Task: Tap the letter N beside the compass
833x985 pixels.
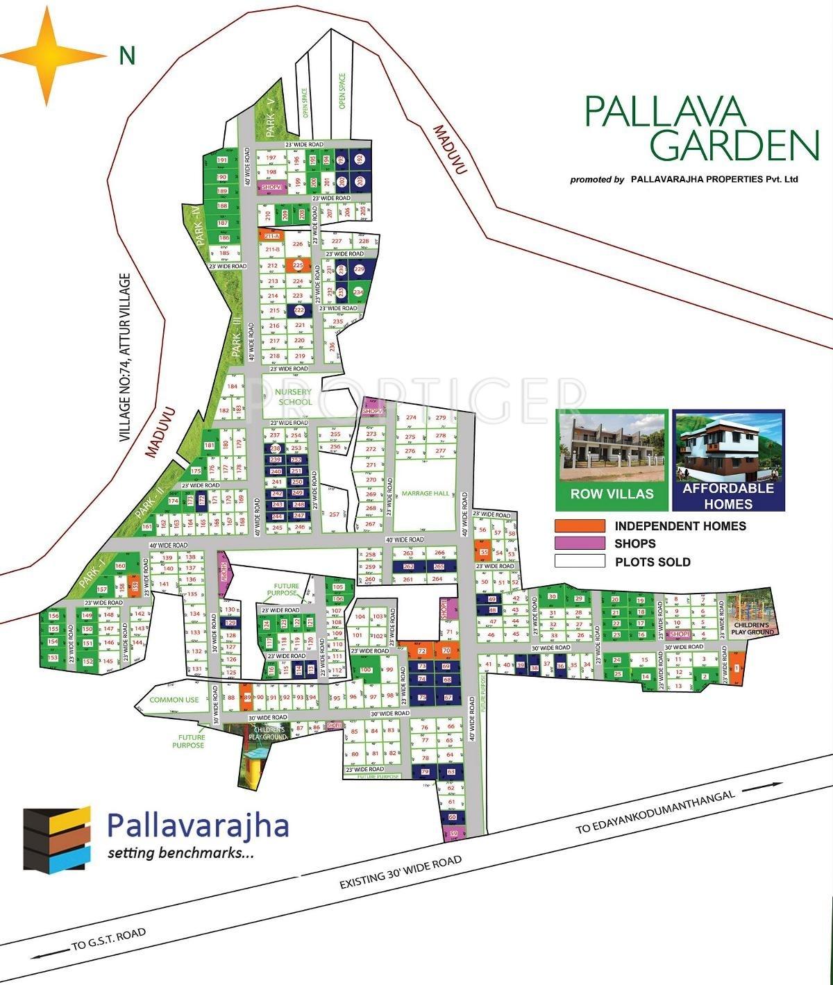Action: tap(126, 56)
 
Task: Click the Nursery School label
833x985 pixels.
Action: tap(295, 397)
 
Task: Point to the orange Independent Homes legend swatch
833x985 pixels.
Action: tap(580, 526)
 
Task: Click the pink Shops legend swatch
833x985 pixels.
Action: tap(580, 544)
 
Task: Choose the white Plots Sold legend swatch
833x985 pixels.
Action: tap(580, 561)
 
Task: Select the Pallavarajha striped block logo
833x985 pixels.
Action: tap(58, 838)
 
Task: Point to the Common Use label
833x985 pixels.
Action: tap(174, 700)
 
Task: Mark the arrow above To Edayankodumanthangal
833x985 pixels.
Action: tap(763, 786)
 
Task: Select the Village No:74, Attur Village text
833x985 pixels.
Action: tap(125, 357)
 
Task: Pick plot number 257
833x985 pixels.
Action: tap(335, 514)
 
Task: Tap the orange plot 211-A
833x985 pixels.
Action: tap(272, 237)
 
